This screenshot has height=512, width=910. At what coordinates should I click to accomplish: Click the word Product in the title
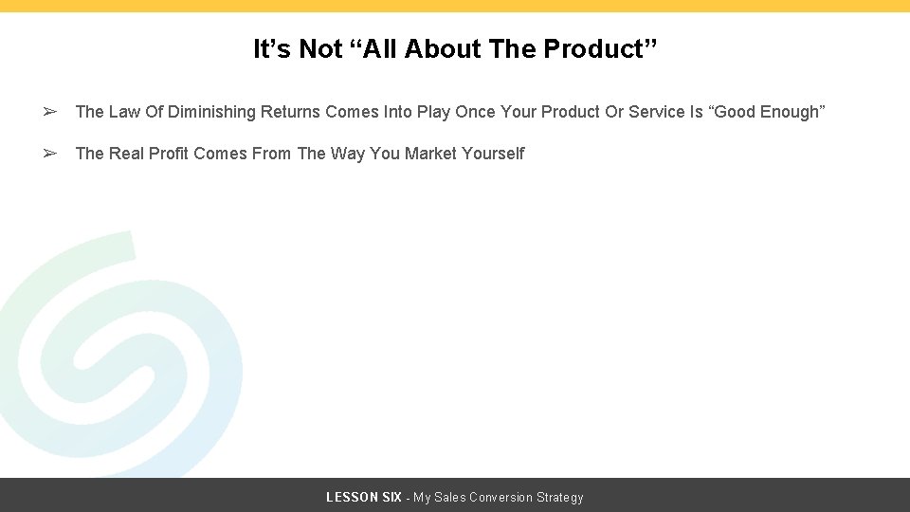click(x=596, y=49)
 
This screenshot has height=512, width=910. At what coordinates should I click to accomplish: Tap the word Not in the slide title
click(x=319, y=49)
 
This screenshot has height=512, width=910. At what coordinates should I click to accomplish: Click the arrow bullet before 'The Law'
click(x=50, y=112)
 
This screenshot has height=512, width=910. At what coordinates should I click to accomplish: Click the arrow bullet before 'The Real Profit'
click(x=50, y=154)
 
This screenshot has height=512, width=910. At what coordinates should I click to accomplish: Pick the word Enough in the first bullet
click(x=789, y=112)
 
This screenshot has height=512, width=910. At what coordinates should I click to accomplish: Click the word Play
click(x=433, y=112)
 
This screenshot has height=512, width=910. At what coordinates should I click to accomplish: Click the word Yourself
click(x=493, y=154)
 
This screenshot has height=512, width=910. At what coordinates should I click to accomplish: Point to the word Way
click(x=347, y=154)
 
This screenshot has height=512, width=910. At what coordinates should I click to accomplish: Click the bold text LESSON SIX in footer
click(x=364, y=498)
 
